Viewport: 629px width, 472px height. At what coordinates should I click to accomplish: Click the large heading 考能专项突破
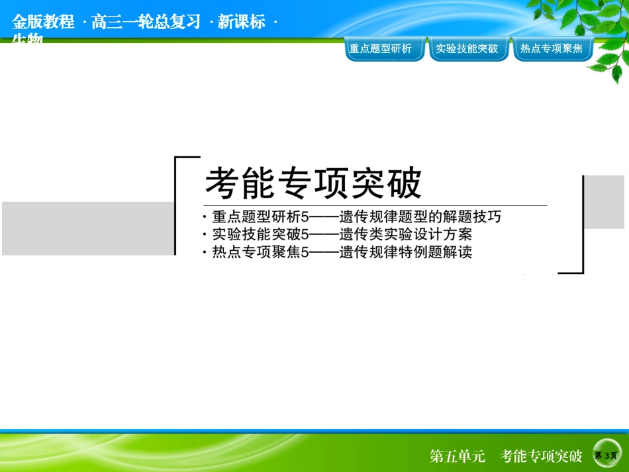tap(313, 182)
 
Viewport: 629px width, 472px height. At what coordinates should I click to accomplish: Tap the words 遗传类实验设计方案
tap(407, 234)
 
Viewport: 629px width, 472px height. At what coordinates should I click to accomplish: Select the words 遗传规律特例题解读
tap(407, 252)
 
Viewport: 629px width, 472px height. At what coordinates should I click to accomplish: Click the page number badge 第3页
tap(606, 455)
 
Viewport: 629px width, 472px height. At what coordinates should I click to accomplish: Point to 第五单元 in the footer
tap(458, 456)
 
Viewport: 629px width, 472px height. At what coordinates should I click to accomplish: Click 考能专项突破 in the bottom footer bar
tap(541, 456)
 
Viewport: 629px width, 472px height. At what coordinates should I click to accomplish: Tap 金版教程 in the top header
tap(43, 22)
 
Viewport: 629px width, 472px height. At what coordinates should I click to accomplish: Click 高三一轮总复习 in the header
tap(146, 22)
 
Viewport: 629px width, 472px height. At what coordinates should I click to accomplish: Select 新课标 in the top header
tap(241, 22)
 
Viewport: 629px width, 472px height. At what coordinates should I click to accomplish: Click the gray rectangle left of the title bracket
tap(87, 228)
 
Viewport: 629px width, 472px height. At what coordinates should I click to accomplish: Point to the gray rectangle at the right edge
tap(605, 202)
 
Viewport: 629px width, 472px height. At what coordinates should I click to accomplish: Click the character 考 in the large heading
tap(221, 182)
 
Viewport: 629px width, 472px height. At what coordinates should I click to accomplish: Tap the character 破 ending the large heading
tap(405, 182)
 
